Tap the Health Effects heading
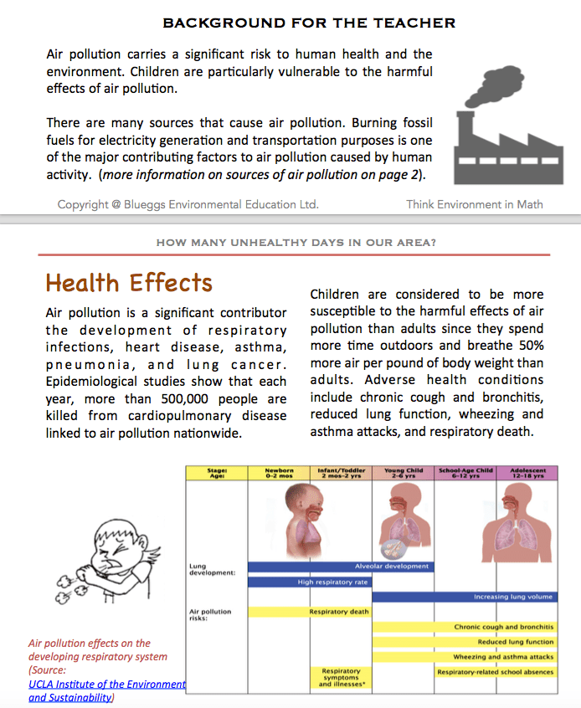(x=129, y=283)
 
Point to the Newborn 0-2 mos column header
(x=280, y=473)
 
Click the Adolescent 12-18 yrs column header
(x=527, y=473)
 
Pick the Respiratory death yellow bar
(x=339, y=612)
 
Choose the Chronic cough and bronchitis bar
(x=464, y=627)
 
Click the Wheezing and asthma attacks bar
(x=464, y=657)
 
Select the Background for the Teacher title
(x=309, y=23)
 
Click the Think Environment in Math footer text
(x=475, y=204)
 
